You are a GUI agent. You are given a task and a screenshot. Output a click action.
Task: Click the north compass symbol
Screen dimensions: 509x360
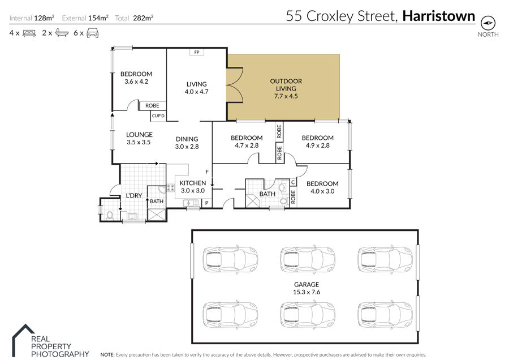click(x=488, y=23)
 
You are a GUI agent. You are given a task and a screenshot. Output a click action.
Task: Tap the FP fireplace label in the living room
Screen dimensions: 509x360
click(x=197, y=52)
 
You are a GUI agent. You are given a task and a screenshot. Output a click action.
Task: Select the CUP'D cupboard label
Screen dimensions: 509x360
click(x=158, y=115)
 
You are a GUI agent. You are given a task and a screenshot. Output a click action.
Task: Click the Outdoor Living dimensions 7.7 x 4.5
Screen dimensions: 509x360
click(x=286, y=96)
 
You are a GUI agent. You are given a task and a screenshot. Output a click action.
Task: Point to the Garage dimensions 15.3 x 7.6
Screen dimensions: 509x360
click(x=307, y=292)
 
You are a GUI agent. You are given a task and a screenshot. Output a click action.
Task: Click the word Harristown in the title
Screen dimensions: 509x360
click(x=438, y=16)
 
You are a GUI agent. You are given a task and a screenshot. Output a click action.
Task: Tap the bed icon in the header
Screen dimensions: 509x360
click(x=29, y=33)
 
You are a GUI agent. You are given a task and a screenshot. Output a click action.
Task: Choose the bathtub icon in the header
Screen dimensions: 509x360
click(x=62, y=33)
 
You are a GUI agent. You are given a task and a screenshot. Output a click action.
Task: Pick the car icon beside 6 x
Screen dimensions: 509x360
click(x=93, y=33)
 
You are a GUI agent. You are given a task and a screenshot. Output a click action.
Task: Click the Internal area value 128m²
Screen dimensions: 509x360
click(x=44, y=18)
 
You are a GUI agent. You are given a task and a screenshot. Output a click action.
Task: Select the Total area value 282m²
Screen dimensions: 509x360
click(x=143, y=18)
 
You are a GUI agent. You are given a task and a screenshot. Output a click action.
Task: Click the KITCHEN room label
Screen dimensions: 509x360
click(x=193, y=183)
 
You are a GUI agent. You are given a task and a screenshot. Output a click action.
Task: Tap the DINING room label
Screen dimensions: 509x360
click(x=187, y=139)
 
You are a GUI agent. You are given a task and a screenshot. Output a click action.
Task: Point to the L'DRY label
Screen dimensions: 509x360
click(x=134, y=196)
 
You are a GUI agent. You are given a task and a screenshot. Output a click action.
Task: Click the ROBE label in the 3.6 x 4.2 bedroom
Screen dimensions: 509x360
click(x=152, y=106)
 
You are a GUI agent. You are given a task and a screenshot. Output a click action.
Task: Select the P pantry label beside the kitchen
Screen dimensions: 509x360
click(x=207, y=203)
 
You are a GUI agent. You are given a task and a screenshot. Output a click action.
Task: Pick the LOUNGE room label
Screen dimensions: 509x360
click(x=139, y=135)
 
